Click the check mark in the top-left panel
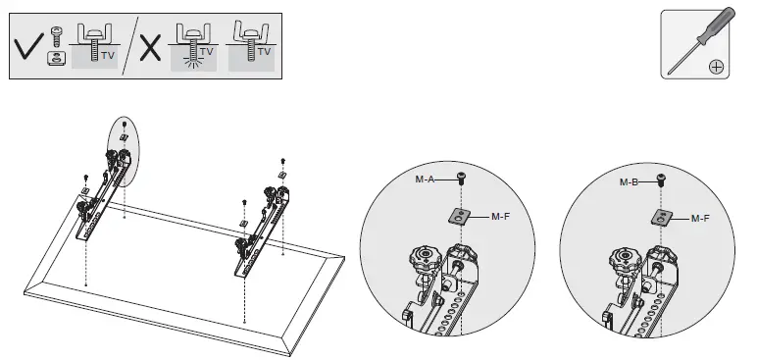(x=29, y=45)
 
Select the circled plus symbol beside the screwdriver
(x=716, y=67)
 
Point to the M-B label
(x=630, y=182)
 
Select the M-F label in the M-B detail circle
(x=701, y=218)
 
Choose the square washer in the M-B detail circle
(x=662, y=216)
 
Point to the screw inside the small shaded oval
(x=125, y=124)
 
